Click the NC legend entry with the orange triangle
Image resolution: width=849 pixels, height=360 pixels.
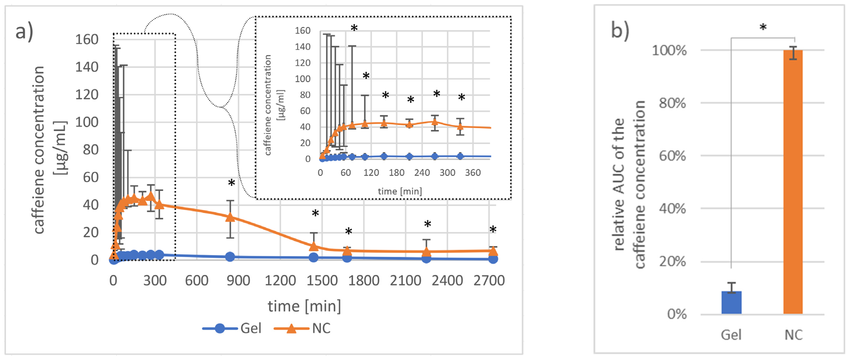pos(303,328)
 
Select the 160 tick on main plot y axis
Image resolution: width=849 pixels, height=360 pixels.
pos(87,40)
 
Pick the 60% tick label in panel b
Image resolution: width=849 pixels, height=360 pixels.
pos(672,156)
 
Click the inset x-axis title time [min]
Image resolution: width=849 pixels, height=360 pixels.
pos(400,191)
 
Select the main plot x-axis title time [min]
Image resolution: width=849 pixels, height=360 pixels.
pos(304,306)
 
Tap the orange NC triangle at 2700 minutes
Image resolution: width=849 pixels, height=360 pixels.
pos(493,251)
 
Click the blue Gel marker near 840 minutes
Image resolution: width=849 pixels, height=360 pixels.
pos(230,257)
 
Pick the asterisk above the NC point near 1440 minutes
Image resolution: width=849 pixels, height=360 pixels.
pos(315,214)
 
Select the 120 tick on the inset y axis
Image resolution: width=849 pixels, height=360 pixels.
pos(303,63)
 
